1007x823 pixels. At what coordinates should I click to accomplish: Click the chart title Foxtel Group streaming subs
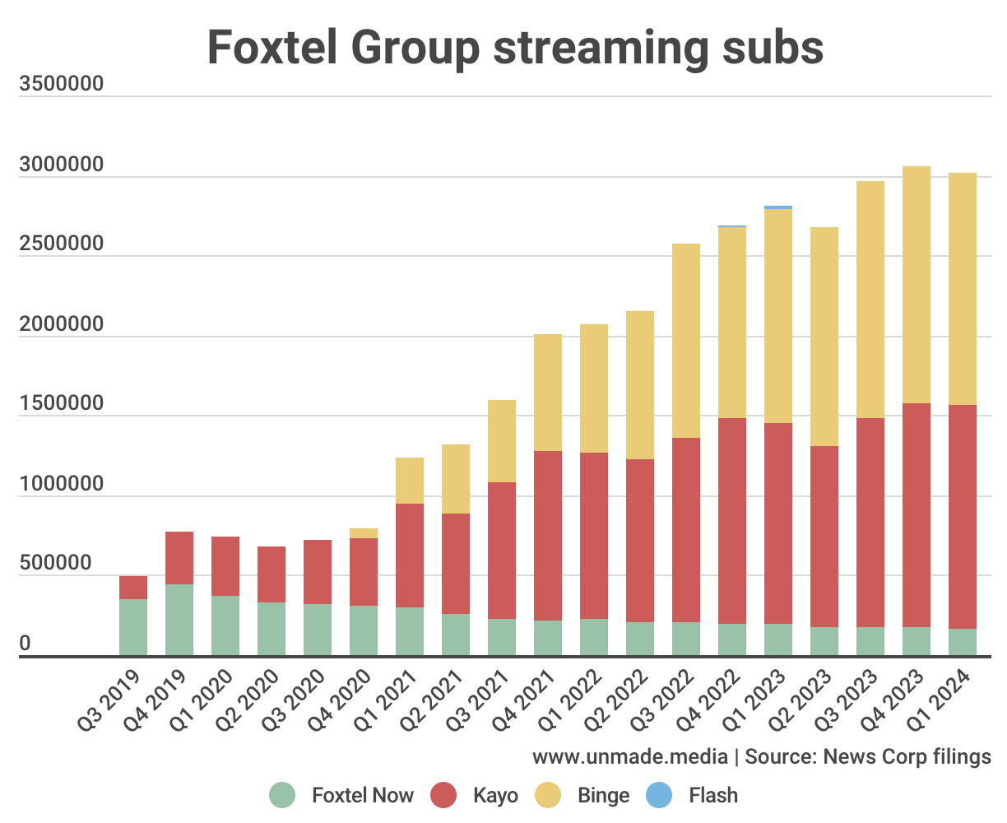pos(515,47)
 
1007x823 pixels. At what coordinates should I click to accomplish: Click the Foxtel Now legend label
pos(362,795)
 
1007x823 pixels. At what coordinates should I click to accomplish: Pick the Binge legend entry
pos(603,795)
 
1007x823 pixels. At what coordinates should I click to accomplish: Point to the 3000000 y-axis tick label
pos(62,165)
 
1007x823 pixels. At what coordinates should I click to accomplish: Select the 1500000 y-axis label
pos(62,405)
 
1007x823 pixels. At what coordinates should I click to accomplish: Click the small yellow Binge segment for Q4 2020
pos(364,533)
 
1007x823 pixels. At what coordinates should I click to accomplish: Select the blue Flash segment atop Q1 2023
pos(778,207)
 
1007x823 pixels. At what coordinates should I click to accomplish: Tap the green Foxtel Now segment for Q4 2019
pos(179,620)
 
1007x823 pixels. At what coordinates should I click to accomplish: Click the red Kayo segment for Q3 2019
pos(133,588)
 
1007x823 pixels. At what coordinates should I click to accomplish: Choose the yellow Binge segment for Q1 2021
pos(410,481)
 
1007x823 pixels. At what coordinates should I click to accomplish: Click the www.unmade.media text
pos(630,756)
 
